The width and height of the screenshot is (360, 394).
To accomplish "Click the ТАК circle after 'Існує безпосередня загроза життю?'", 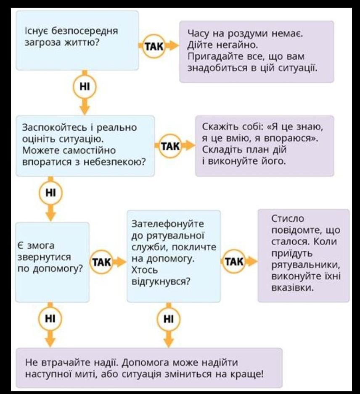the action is coord(154,47).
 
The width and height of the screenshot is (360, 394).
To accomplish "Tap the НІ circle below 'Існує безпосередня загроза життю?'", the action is coord(85,87).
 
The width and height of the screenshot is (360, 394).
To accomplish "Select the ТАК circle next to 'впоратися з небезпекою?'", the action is coord(170,146).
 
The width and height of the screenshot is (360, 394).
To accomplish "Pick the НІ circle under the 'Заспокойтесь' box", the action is coord(50,193).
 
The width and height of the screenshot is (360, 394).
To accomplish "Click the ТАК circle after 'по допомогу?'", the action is coord(101,263).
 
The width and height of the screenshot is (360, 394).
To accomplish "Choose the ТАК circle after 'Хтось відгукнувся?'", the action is coord(234,261).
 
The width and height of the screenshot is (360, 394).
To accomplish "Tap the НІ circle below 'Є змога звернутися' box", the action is coord(50,319).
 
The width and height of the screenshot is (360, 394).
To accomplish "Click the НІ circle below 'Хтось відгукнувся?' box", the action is coord(169,319).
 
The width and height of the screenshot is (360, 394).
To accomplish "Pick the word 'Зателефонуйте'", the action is coord(168,224).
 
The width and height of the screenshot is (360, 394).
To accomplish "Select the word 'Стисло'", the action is coord(288,218).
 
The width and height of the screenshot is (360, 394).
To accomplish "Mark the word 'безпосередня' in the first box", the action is coord(85,31).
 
